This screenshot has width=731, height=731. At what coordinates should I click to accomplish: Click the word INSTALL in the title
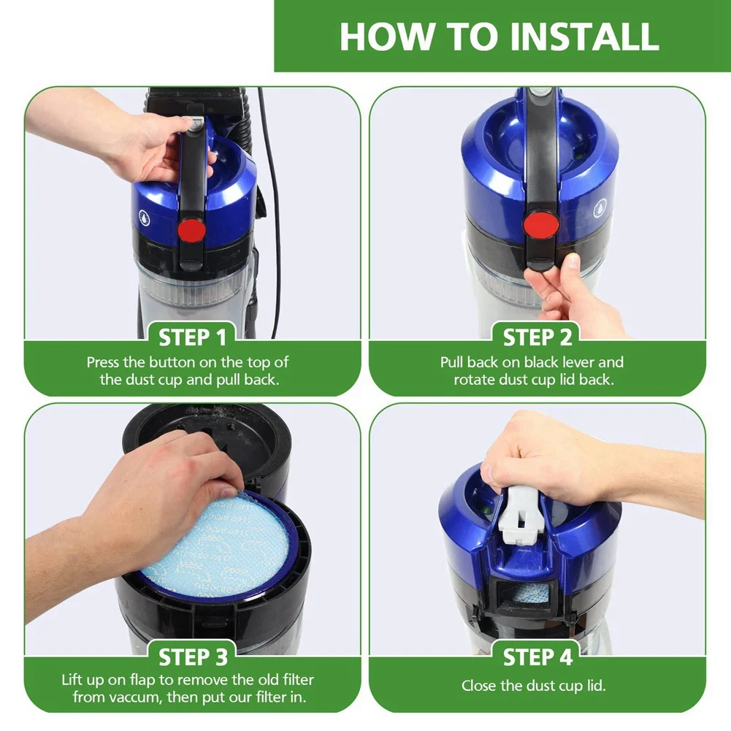(x=585, y=37)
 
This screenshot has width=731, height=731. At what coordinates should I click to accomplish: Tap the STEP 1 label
(x=192, y=337)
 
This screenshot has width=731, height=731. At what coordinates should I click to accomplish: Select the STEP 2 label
(x=537, y=337)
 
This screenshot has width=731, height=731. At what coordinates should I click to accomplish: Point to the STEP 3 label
(x=193, y=657)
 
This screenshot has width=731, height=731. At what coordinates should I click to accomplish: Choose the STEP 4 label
(x=537, y=657)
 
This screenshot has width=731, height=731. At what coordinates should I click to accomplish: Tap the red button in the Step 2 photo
(x=541, y=223)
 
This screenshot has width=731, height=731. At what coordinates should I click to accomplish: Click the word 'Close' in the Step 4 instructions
(x=478, y=686)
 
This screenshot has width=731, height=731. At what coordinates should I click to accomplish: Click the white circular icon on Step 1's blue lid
(x=145, y=217)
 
